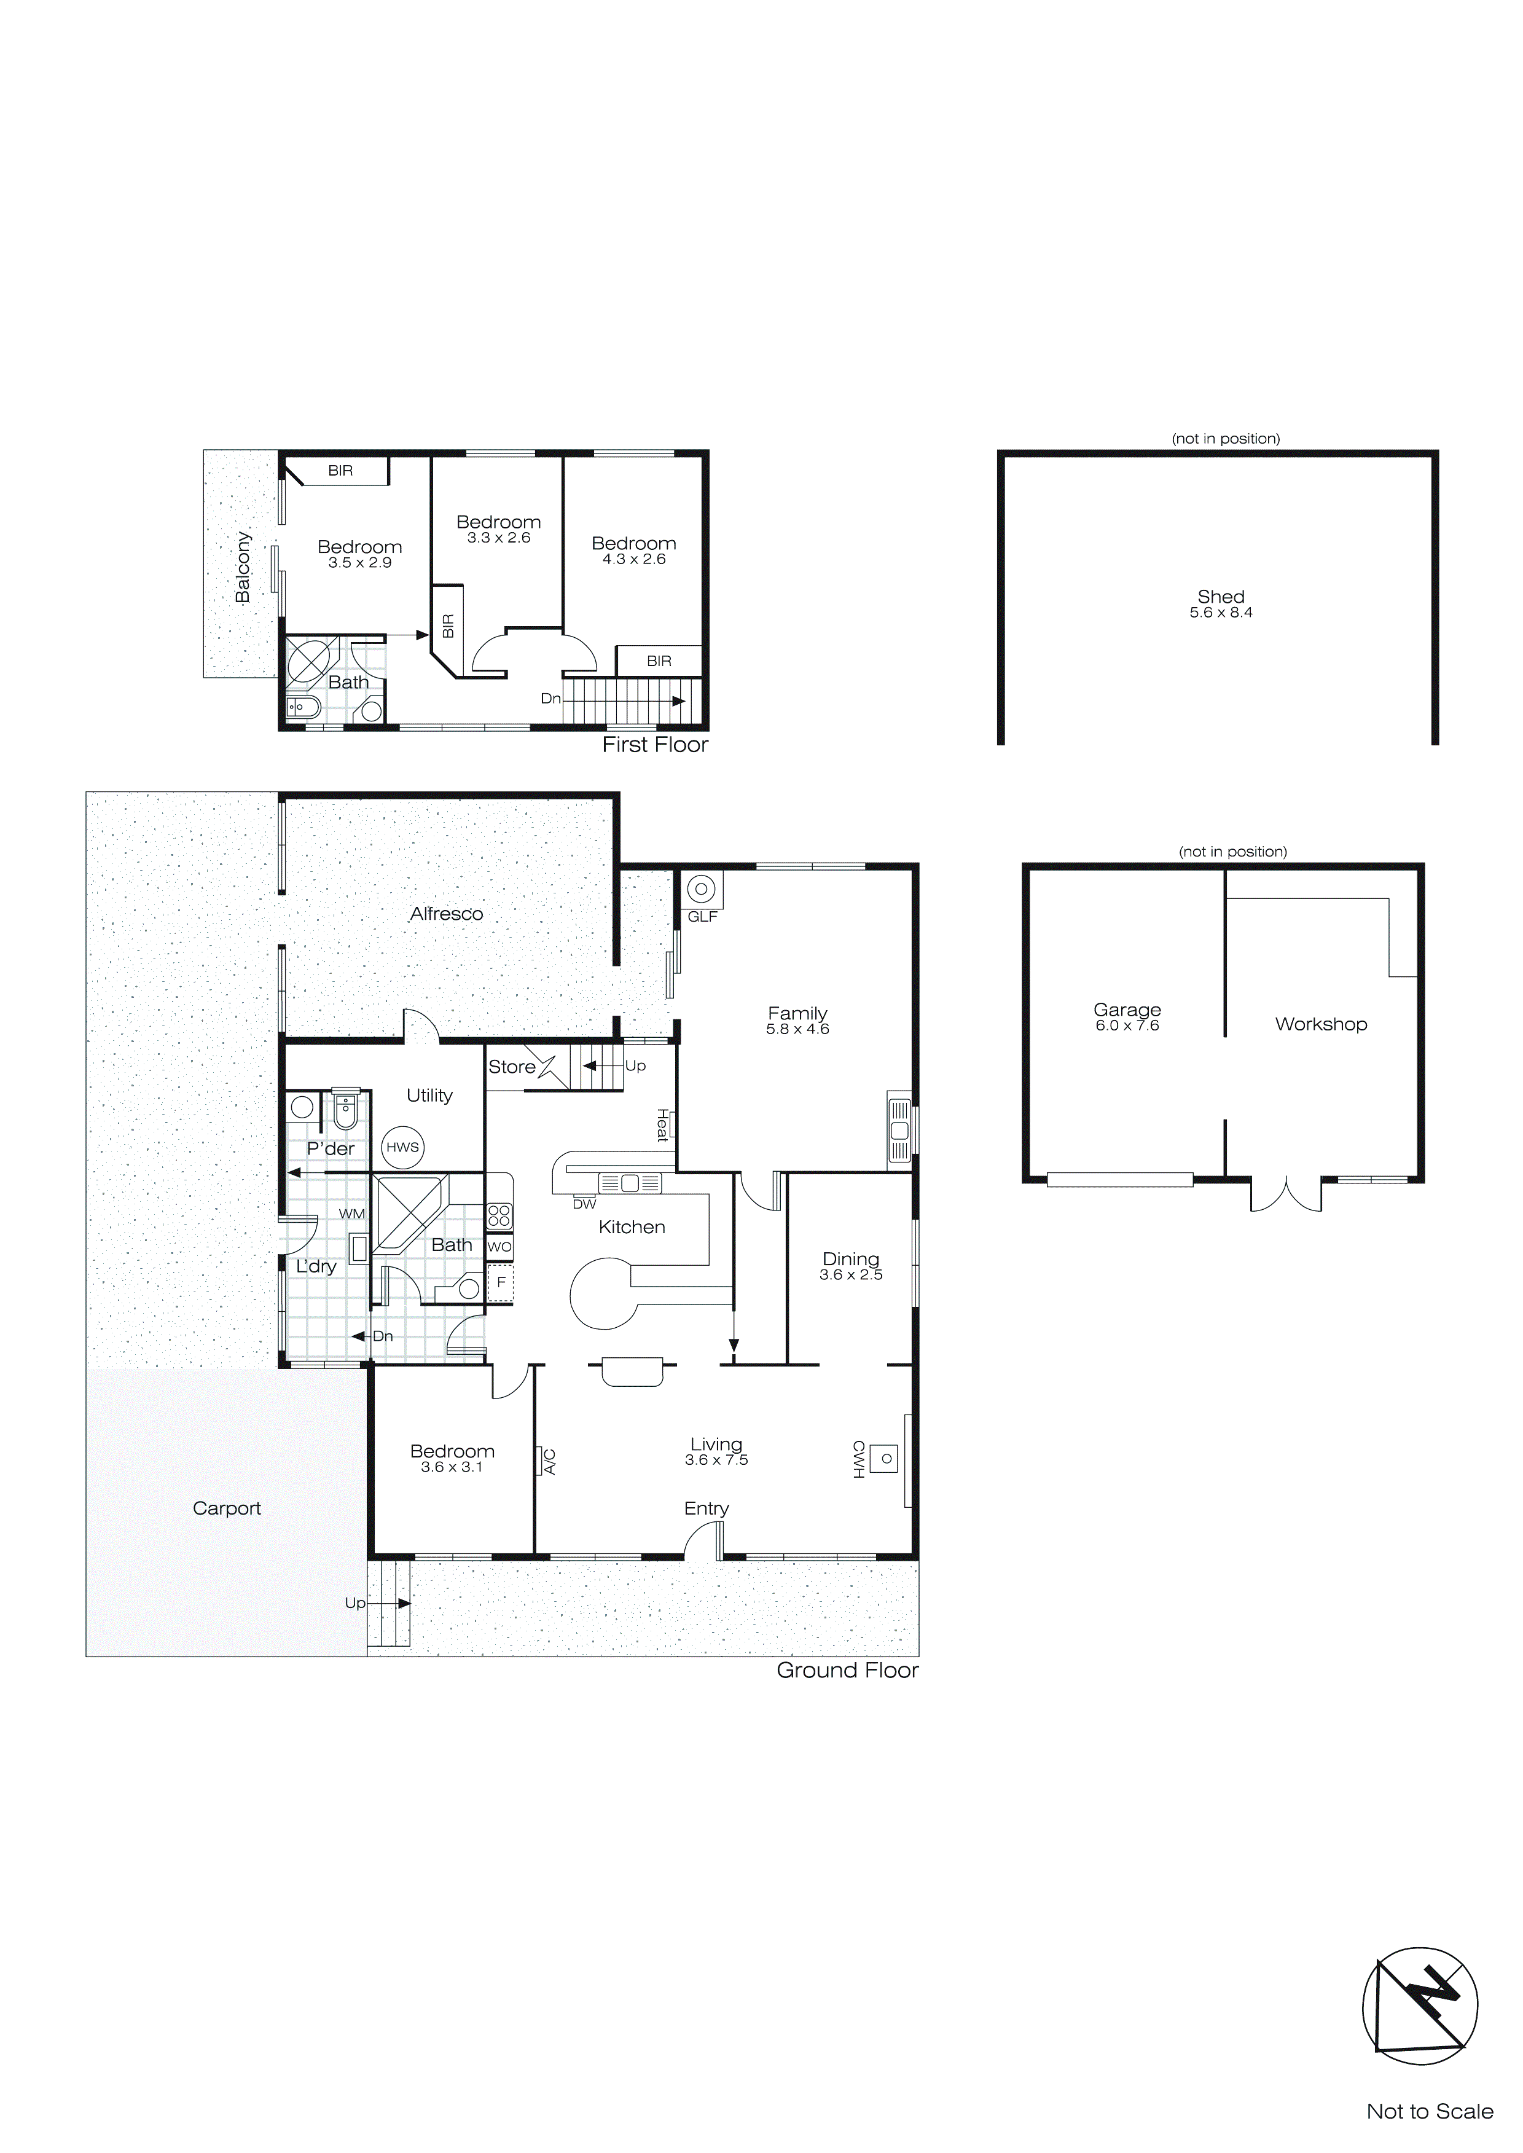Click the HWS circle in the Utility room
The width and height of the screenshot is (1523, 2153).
pyautogui.click(x=403, y=1147)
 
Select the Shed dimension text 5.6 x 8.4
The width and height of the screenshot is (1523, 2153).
pyautogui.click(x=1221, y=613)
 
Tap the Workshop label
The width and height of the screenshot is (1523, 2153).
pyautogui.click(x=1320, y=1024)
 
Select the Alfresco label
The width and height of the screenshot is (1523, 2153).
pyautogui.click(x=447, y=913)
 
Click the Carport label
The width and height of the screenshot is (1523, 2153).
pyautogui.click(x=227, y=1508)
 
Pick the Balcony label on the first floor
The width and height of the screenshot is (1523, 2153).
pyautogui.click(x=243, y=567)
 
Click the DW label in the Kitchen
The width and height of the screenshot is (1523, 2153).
pyautogui.click(x=584, y=1204)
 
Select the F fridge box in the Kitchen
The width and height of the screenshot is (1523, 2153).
pyautogui.click(x=501, y=1282)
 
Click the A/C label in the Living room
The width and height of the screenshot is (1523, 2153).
pyautogui.click(x=550, y=1462)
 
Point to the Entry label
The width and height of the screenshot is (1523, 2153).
pyautogui.click(x=706, y=1508)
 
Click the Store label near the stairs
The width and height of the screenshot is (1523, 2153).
pyautogui.click(x=512, y=1067)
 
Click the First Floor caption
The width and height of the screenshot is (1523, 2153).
pyautogui.click(x=654, y=745)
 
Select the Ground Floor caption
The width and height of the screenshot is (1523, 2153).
pyautogui.click(x=847, y=1670)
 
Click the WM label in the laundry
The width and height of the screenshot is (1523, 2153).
pyautogui.click(x=351, y=1214)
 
